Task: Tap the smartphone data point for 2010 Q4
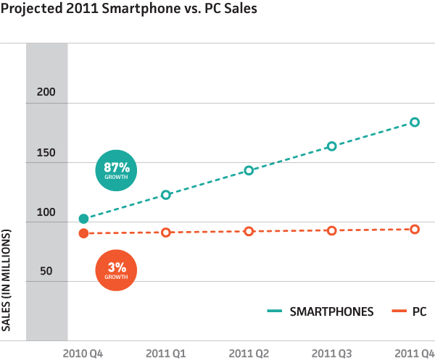[x=83, y=218]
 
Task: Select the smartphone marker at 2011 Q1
[x=166, y=195]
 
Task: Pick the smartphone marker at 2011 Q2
[x=249, y=171]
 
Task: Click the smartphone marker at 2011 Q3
[x=332, y=146]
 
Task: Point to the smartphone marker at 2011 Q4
[x=415, y=122]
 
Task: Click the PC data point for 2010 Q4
[x=83, y=233]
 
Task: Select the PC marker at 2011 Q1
[x=166, y=233]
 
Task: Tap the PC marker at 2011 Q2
[x=249, y=231]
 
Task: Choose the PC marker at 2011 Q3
[x=332, y=230]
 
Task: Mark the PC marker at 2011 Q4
[x=415, y=229]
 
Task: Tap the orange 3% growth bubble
[x=116, y=270]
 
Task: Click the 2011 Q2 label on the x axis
[x=249, y=352]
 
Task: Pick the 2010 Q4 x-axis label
[x=83, y=352]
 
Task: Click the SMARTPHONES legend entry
[x=320, y=311]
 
